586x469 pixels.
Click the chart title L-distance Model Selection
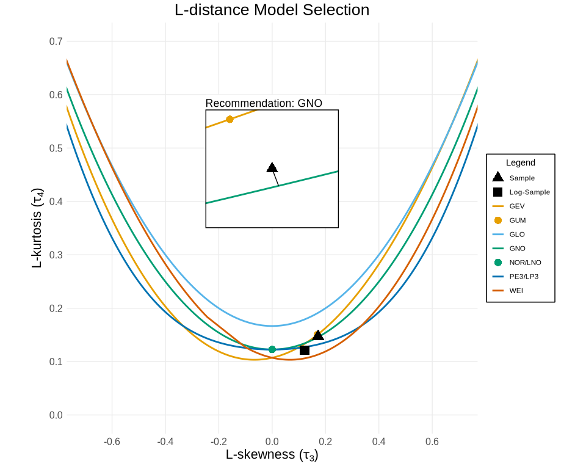pos(272,10)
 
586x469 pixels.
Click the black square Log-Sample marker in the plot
pos(305,350)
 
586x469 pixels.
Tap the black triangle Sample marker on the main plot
pos(318,335)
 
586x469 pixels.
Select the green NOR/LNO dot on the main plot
pos(272,349)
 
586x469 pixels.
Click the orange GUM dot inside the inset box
pos(230,119)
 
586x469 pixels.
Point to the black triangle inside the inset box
pos(272,168)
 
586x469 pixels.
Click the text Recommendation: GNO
pos(264,103)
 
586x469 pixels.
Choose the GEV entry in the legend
pos(517,206)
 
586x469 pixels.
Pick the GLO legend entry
pos(517,234)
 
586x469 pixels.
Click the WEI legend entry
pos(516,291)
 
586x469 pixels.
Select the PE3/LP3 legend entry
pos(524,277)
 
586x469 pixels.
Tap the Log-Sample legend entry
pos(529,192)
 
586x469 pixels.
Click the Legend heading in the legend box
pos(521,163)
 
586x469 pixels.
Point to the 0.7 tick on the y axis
pos(56,42)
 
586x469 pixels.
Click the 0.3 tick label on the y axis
pos(56,255)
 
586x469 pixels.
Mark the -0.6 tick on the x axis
pos(112,442)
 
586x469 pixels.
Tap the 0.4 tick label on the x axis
pos(379,442)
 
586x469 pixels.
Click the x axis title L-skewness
pos(272,455)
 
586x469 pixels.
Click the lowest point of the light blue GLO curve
pos(272,325)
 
